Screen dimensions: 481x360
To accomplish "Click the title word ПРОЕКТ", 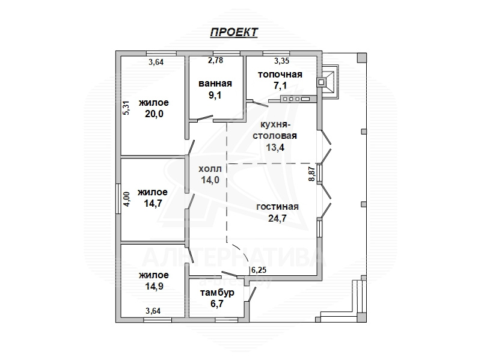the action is (x=234, y=32).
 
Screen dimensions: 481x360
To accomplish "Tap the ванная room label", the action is (x=215, y=84).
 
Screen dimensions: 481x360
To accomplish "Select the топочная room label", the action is (x=280, y=75).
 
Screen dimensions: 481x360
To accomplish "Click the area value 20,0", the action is (x=154, y=114).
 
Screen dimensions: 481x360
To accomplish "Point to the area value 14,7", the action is (x=153, y=203).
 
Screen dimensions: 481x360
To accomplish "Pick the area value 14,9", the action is (x=154, y=286).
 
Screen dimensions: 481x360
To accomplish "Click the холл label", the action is (x=210, y=169).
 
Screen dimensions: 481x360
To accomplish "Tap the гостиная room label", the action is (x=277, y=206).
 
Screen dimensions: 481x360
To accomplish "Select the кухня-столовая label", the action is (x=275, y=130).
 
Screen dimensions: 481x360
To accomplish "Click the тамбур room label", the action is (x=217, y=293).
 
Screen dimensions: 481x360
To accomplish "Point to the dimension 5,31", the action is (x=126, y=108).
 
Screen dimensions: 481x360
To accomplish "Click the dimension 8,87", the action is (x=312, y=174).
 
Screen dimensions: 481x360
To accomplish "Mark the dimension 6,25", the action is (x=259, y=270).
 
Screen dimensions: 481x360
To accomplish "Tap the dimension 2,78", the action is (x=215, y=61).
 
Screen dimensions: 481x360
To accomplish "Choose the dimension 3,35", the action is (x=281, y=61).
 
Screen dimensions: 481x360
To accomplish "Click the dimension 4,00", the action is (x=127, y=199).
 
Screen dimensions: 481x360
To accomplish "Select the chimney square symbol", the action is (x=321, y=82).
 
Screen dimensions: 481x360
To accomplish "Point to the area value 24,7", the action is (x=277, y=218).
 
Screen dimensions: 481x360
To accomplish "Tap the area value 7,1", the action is (x=280, y=85).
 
